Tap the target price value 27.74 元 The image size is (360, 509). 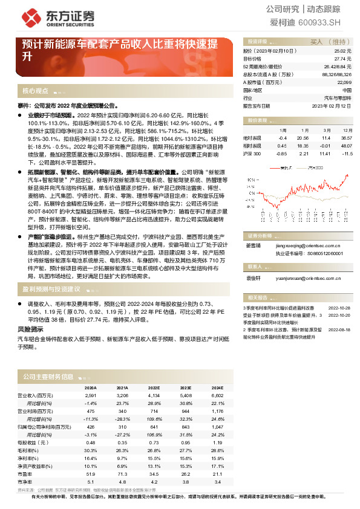pyautogui.click(x=342, y=59)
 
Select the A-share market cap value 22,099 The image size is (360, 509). pyautogui.click(x=344, y=82)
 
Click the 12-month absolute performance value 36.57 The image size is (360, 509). pyautogui.click(x=346, y=138)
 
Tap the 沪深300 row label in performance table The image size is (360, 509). pyautogui.click(x=252, y=154)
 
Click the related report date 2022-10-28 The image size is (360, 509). pyautogui.click(x=339, y=308)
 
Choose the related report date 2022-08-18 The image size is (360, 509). pyautogui.click(x=339, y=330)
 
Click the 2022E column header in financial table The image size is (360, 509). pyautogui.click(x=154, y=387)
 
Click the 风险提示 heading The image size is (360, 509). pyautogui.click(x=31, y=329)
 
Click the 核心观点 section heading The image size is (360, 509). pyautogui.click(x=36, y=91)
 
